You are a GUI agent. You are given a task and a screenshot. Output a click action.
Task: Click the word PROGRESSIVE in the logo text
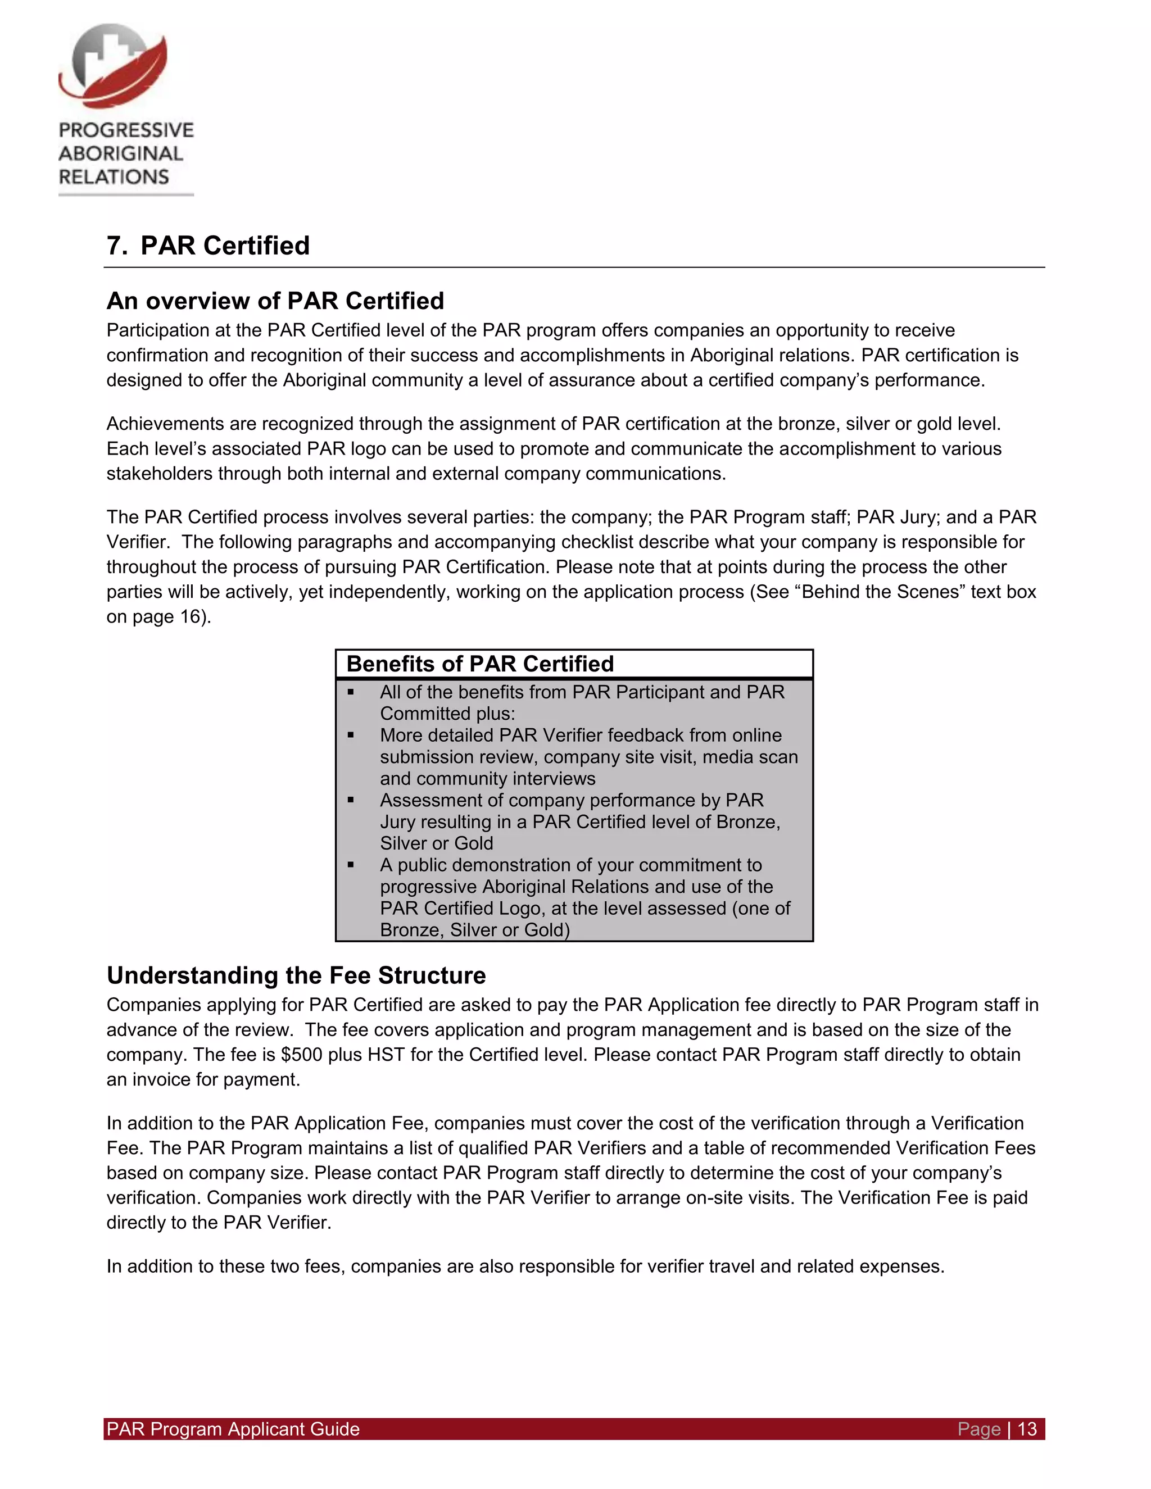coord(126,130)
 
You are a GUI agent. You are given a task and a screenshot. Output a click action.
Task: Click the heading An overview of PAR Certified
coord(275,301)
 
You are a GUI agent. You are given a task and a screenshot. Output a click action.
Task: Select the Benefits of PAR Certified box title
coord(479,664)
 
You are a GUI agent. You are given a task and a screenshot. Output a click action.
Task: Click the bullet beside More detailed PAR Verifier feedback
coord(351,735)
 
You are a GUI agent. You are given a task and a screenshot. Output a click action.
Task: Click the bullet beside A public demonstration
coord(351,865)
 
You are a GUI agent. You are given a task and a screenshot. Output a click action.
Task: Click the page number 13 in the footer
coord(1027,1429)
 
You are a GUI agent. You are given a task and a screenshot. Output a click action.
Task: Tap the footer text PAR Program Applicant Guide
coord(233,1429)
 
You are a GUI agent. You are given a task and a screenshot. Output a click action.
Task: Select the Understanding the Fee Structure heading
coord(296,975)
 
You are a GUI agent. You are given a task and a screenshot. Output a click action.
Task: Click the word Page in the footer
coord(978,1429)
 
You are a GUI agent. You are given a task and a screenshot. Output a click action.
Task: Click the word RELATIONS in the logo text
coord(114,177)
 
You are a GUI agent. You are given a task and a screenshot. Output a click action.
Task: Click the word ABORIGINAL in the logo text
coord(121,154)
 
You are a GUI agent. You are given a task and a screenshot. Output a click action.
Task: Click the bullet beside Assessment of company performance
coord(351,800)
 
